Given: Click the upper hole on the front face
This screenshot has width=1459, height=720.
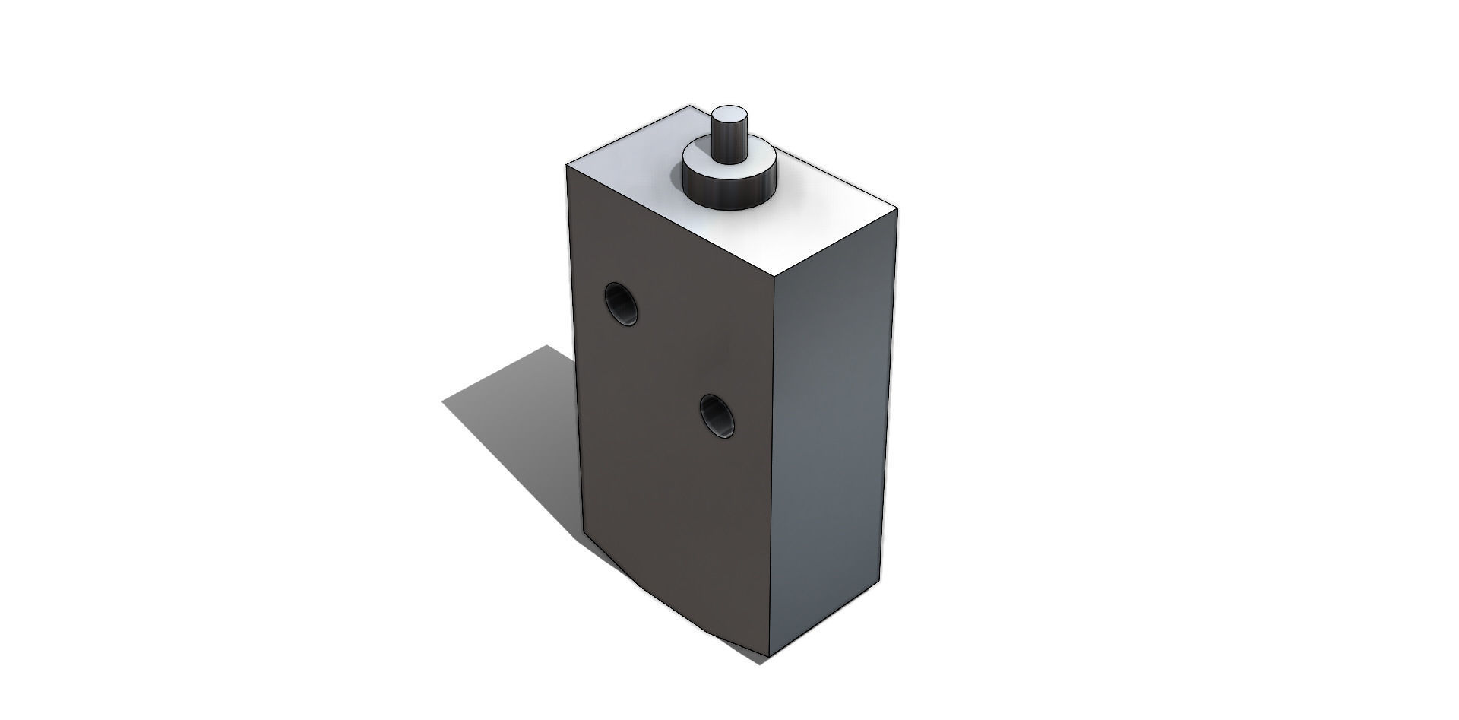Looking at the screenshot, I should [621, 305].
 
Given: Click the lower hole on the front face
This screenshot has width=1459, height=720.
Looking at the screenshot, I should [718, 416].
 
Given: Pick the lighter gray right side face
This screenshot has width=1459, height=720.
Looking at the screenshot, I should [832, 426].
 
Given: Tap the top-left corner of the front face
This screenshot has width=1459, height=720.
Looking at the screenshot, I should [568, 164].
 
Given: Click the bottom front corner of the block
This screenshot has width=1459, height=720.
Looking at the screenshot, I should [769, 658].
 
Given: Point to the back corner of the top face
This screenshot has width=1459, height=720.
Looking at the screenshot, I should [690, 106].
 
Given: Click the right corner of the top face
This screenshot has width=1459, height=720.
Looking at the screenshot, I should [898, 208].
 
